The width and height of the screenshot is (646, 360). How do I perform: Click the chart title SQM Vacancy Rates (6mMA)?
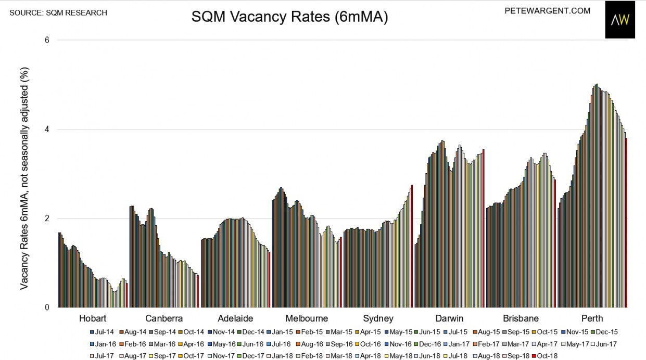coord(289,17)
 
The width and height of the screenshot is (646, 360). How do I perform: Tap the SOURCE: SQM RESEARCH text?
coord(58,12)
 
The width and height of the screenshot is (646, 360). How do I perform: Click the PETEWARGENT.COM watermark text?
coord(547,10)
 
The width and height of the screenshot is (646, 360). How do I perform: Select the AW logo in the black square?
coord(620,20)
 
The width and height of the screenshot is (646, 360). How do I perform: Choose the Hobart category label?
coord(93,318)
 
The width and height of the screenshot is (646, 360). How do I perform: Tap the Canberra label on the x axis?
coord(164,318)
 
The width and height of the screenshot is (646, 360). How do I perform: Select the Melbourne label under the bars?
coord(307,318)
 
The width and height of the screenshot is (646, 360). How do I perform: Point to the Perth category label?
coord(592,318)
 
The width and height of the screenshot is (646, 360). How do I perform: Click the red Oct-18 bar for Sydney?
coord(412,246)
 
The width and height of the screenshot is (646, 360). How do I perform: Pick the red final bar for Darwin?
coord(484,228)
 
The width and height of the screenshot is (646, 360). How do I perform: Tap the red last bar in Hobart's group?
coord(126,295)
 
